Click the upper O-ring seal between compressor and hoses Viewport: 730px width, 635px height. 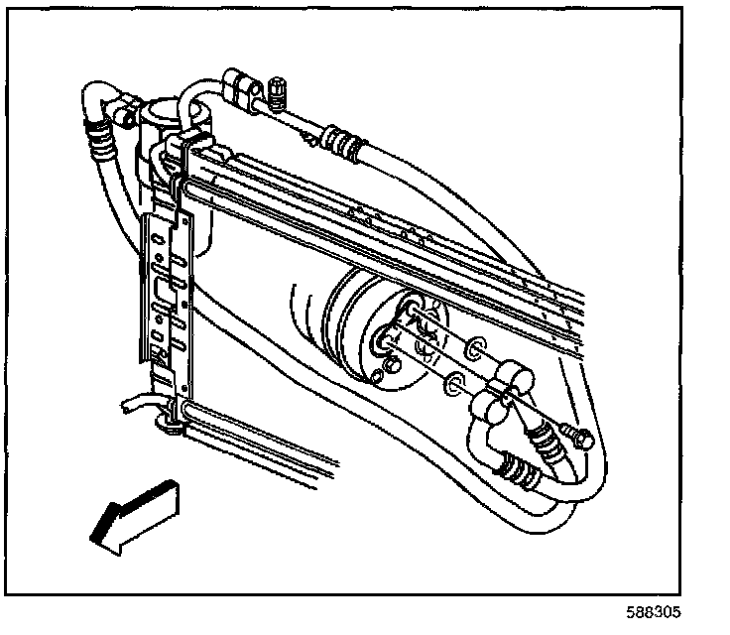click(476, 347)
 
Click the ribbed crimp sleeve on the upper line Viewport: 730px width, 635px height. click(343, 140)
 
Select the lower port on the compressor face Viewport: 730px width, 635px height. click(384, 342)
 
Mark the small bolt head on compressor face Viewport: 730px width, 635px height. click(390, 370)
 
